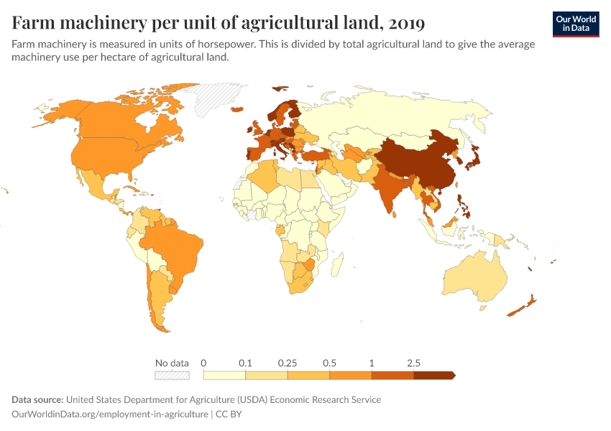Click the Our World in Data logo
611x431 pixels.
tap(576, 24)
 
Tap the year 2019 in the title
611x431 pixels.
tap(405, 23)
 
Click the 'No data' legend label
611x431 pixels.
tap(172, 363)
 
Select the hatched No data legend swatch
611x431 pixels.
tap(172, 375)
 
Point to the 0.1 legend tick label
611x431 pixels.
tap(246, 363)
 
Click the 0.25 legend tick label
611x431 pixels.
tap(288, 363)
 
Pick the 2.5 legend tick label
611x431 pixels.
tap(413, 363)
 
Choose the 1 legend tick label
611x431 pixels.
tap(372, 363)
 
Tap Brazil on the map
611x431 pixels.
tap(176, 241)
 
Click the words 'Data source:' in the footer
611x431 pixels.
tap(37, 399)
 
